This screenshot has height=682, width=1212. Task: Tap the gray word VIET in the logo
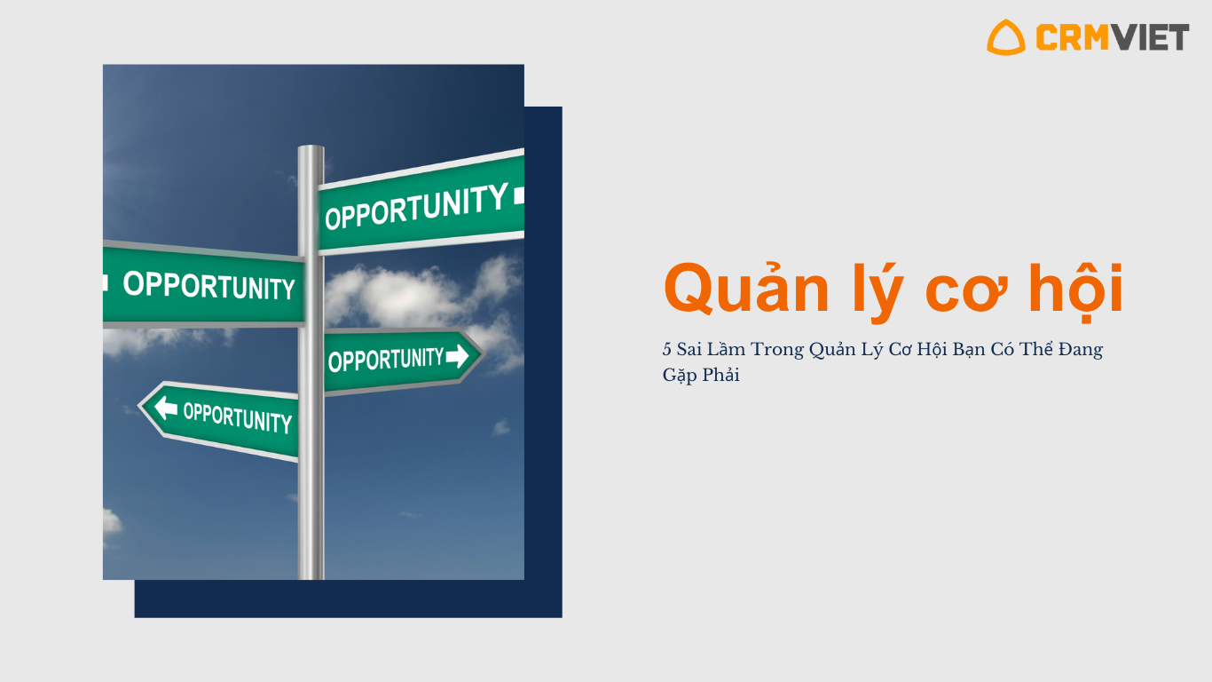click(1150, 37)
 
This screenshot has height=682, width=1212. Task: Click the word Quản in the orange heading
click(746, 289)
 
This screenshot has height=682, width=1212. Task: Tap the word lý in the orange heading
click(878, 292)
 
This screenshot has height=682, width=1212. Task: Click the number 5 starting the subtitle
click(666, 349)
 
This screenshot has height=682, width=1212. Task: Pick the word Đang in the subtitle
click(1081, 350)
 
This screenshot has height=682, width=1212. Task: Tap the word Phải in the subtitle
click(720, 374)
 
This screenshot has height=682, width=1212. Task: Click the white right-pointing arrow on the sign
click(457, 356)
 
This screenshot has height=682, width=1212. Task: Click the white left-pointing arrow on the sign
click(166, 408)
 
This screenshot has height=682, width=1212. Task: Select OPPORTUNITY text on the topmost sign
click(416, 206)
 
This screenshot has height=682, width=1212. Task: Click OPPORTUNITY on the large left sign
click(209, 285)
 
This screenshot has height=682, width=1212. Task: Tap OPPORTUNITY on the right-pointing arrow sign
click(386, 360)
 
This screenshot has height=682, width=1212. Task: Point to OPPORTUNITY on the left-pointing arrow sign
click(238, 417)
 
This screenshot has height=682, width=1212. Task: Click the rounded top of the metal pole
click(311, 148)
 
